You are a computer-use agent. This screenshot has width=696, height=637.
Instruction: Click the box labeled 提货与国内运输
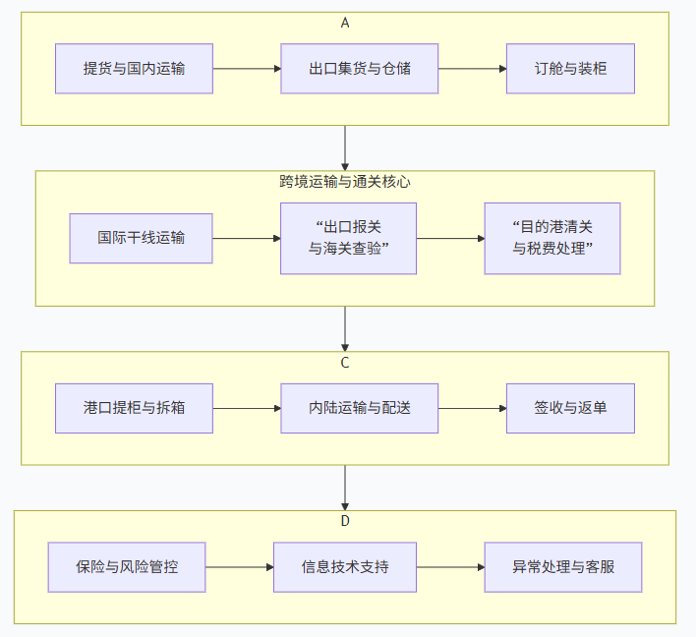pyautogui.click(x=134, y=69)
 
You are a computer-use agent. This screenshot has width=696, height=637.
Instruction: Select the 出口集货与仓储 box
pyautogui.click(x=359, y=69)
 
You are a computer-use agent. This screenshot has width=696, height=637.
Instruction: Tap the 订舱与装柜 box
pyautogui.click(x=570, y=69)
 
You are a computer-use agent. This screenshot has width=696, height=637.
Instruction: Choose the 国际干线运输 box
pyautogui.click(x=141, y=238)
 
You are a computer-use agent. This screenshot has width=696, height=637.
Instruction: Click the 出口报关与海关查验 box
pyautogui.click(x=348, y=238)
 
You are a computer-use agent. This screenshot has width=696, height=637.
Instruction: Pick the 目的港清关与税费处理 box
pyautogui.click(x=551, y=238)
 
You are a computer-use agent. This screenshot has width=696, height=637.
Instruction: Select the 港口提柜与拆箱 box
pyautogui.click(x=134, y=408)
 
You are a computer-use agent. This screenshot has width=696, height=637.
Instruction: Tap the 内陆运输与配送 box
pyautogui.click(x=359, y=408)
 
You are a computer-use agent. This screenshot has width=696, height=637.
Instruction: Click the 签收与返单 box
pyautogui.click(x=570, y=408)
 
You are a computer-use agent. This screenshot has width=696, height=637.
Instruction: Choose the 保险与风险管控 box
pyautogui.click(x=127, y=567)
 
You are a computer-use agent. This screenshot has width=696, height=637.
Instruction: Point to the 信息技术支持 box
pyautogui.click(x=345, y=567)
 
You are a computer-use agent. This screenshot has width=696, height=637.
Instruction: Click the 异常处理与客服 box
pyautogui.click(x=563, y=567)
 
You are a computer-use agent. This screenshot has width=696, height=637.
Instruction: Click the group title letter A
pyautogui.click(x=345, y=23)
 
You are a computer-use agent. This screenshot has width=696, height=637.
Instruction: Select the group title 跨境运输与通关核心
pyautogui.click(x=345, y=181)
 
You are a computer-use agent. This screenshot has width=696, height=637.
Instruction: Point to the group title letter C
pyautogui.click(x=345, y=362)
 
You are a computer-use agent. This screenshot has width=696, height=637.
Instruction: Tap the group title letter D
pyautogui.click(x=345, y=521)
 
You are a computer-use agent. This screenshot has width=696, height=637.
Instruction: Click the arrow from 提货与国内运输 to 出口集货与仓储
pyautogui.click(x=247, y=69)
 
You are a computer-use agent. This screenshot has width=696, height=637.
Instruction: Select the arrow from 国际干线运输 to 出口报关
pyautogui.click(x=247, y=238)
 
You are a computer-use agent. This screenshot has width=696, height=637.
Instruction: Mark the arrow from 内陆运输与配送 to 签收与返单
pyautogui.click(x=472, y=408)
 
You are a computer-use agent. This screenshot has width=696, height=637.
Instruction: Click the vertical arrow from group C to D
pyautogui.click(x=345, y=487)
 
